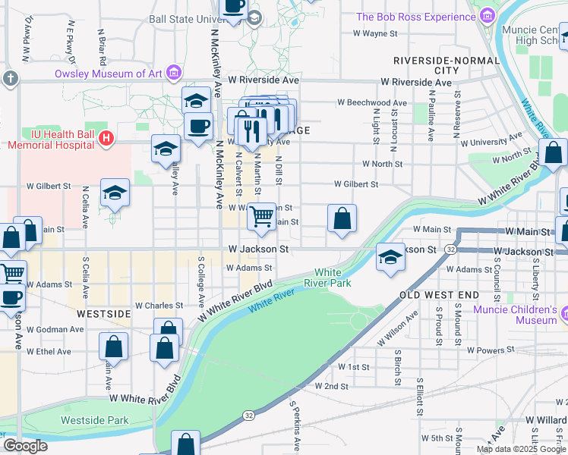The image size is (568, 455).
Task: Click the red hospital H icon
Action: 106,139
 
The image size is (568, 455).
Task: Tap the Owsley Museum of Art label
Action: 109,74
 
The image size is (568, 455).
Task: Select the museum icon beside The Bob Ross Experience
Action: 487,16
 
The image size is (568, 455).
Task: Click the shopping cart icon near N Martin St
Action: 262,216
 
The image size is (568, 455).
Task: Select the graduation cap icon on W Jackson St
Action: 390,257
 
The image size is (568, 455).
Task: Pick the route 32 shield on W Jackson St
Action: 450,249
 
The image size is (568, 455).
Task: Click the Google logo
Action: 24,446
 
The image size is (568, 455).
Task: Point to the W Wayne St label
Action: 377,33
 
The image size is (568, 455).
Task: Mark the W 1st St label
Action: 353,367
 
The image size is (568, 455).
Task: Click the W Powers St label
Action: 491,350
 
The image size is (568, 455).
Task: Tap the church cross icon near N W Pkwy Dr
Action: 9,78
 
